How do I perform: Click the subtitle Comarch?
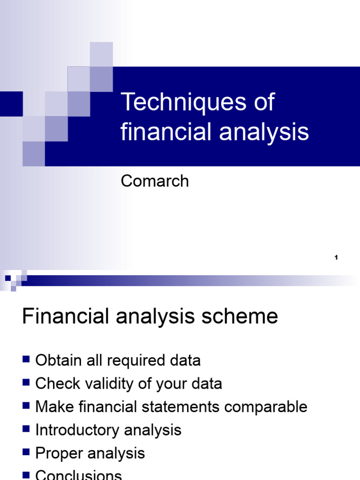(155, 181)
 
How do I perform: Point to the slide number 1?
(337, 257)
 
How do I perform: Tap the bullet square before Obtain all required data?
(26, 360)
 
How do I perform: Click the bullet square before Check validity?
(26, 383)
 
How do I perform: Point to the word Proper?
(58, 453)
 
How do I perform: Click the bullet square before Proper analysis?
(26, 452)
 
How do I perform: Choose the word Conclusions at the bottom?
(78, 474)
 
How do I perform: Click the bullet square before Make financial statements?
(26, 406)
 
